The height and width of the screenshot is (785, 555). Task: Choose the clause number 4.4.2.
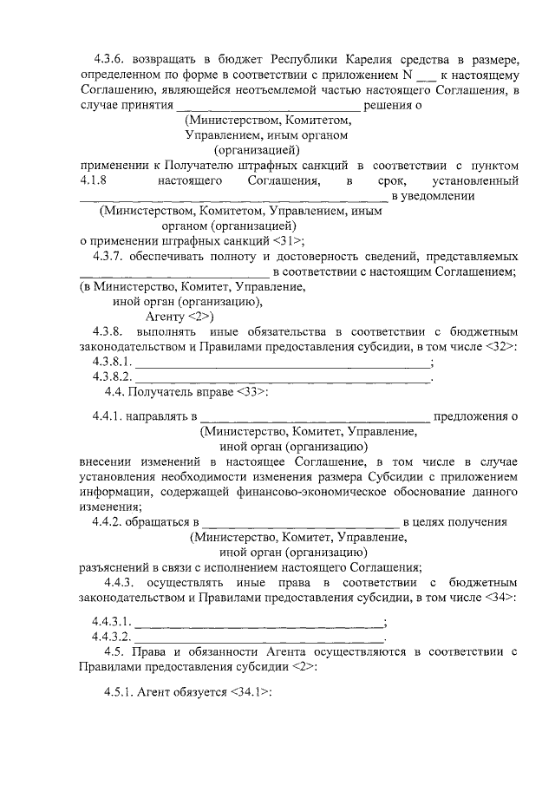point(109,521)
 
